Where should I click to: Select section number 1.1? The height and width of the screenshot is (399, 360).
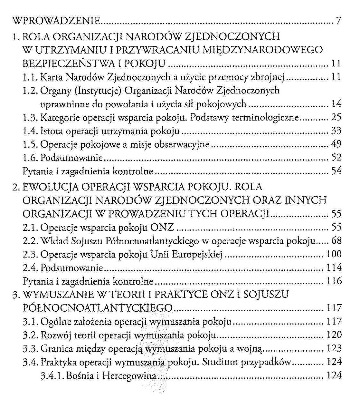(x=31, y=77)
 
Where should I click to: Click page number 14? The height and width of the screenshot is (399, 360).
(x=336, y=104)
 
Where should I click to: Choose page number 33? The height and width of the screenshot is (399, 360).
(x=336, y=131)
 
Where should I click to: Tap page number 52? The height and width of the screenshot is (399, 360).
(x=336, y=158)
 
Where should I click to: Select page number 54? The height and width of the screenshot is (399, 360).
(x=336, y=171)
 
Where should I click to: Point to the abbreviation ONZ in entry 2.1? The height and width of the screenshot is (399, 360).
(x=162, y=228)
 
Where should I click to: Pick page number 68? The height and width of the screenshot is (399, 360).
(x=336, y=241)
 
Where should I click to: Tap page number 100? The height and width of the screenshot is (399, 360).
(x=334, y=254)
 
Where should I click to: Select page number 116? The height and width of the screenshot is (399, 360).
(x=334, y=281)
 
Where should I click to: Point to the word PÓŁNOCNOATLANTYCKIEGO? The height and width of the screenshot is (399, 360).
(x=98, y=308)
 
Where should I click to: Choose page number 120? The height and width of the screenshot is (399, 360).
(x=334, y=335)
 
